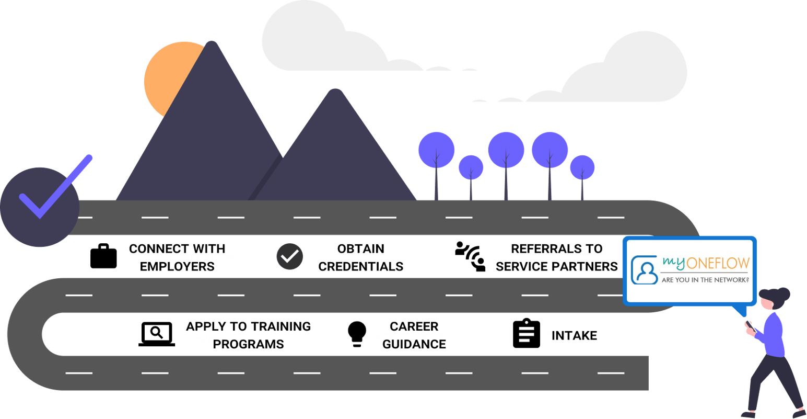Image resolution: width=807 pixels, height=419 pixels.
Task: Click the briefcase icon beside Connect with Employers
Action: click(103, 256)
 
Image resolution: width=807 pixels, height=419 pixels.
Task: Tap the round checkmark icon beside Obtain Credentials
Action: click(290, 256)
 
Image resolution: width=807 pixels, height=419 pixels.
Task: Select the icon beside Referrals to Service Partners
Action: click(470, 256)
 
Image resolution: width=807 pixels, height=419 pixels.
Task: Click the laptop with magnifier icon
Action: click(157, 334)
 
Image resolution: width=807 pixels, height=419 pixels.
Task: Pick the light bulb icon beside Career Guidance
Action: click(357, 334)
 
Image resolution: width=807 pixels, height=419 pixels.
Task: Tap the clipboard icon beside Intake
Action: click(526, 334)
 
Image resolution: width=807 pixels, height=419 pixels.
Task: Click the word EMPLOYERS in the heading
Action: click(177, 266)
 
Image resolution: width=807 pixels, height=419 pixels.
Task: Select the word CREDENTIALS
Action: click(361, 266)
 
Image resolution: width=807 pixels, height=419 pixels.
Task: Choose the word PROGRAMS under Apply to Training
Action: click(249, 344)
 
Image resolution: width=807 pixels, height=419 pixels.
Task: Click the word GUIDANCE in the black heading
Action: click(414, 344)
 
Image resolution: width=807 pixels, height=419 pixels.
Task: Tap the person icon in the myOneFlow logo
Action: click(645, 270)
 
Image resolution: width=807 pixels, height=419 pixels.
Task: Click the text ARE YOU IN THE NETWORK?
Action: click(705, 280)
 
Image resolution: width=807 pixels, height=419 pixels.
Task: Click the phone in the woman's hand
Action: click(750, 325)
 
